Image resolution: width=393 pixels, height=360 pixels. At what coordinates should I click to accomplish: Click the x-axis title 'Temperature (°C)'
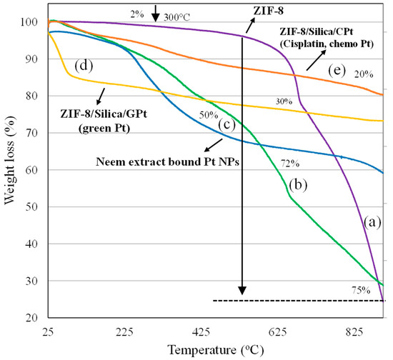(x=217, y=350)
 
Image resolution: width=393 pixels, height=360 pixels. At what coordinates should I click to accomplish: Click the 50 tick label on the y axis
(x=33, y=207)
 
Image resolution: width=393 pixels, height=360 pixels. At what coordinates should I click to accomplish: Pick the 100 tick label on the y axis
(x=30, y=22)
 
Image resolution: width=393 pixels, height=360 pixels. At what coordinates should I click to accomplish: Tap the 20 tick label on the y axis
(x=33, y=318)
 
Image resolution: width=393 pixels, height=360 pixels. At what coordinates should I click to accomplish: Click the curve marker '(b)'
(x=298, y=186)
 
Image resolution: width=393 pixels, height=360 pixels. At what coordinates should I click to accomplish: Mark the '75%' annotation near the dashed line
(x=360, y=290)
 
